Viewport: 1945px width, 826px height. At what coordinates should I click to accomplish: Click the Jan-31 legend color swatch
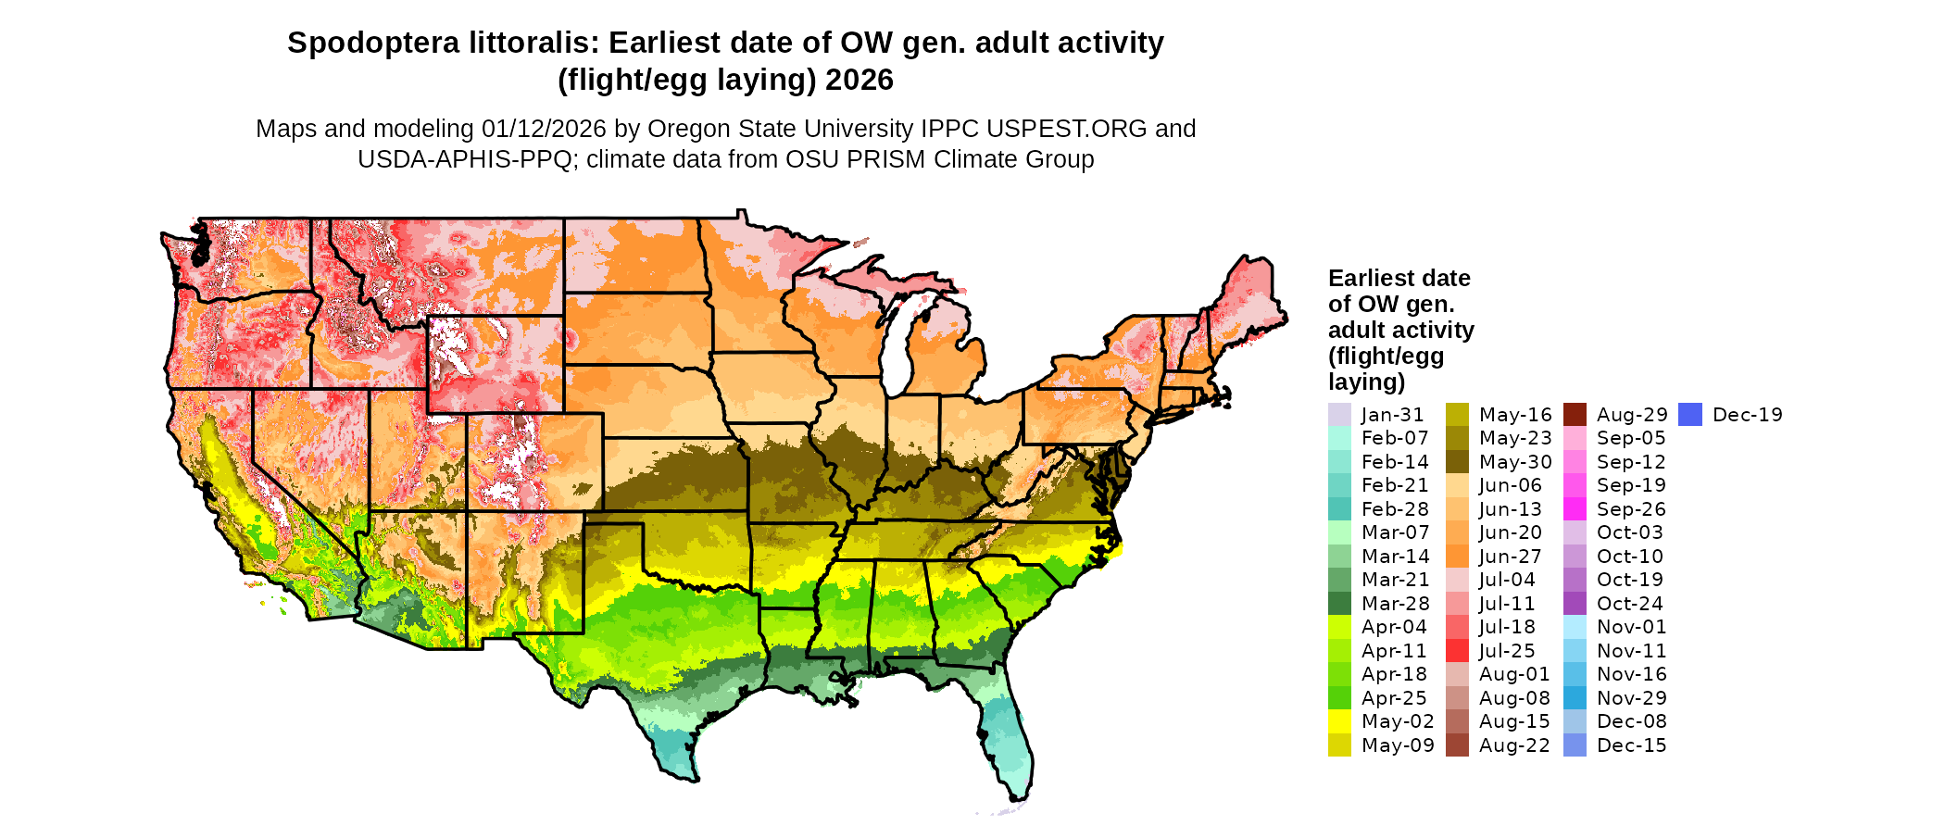pos(1339,415)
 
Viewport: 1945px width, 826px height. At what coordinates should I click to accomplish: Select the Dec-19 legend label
pos(1747,415)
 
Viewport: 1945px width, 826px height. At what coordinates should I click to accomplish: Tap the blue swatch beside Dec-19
pos(1690,415)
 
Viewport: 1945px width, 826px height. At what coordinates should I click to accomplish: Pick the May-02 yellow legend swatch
pos(1339,721)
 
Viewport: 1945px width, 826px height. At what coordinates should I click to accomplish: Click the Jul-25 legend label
pos(1507,651)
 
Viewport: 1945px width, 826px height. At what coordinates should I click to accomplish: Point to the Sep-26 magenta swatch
pos(1575,509)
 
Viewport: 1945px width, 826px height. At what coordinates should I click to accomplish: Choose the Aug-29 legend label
pos(1632,415)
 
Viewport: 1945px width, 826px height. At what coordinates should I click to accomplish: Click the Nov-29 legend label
pos(1632,698)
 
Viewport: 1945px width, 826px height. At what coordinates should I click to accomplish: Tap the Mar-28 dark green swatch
pos(1339,604)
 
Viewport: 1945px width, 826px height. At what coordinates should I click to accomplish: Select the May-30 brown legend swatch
pos(1457,462)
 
